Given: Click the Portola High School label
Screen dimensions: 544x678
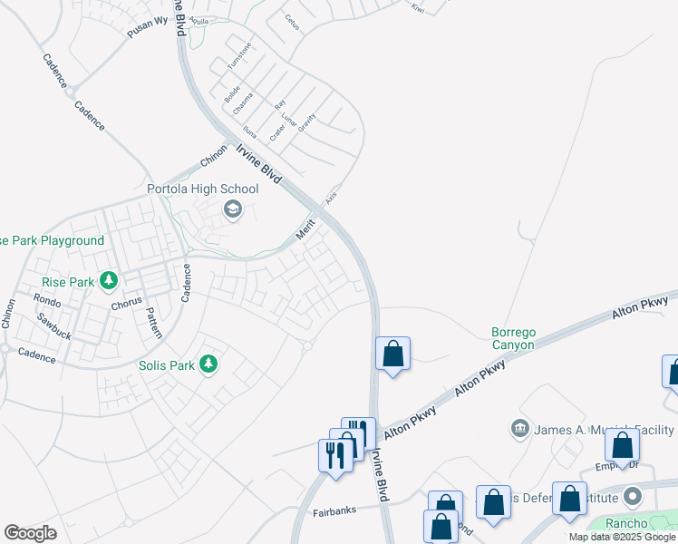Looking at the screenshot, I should pyautogui.click(x=203, y=189).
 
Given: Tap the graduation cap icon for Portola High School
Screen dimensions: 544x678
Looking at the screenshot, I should pyautogui.click(x=233, y=210).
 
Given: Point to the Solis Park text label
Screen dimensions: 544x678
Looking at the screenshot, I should pyautogui.click(x=167, y=365).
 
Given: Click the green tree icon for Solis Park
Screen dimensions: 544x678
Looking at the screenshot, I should pyautogui.click(x=209, y=364).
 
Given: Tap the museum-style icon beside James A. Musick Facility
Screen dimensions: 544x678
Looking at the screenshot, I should pyautogui.click(x=520, y=427).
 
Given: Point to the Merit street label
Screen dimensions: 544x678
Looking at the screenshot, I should pyautogui.click(x=305, y=230).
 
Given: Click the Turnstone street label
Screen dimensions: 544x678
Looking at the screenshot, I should pyautogui.click(x=237, y=59).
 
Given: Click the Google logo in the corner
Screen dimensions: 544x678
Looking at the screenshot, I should pyautogui.click(x=31, y=533).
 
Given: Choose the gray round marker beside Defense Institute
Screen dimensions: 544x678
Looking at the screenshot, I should pyautogui.click(x=633, y=497).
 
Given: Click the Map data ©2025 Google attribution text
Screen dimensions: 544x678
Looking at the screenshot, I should pyautogui.click(x=623, y=537).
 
